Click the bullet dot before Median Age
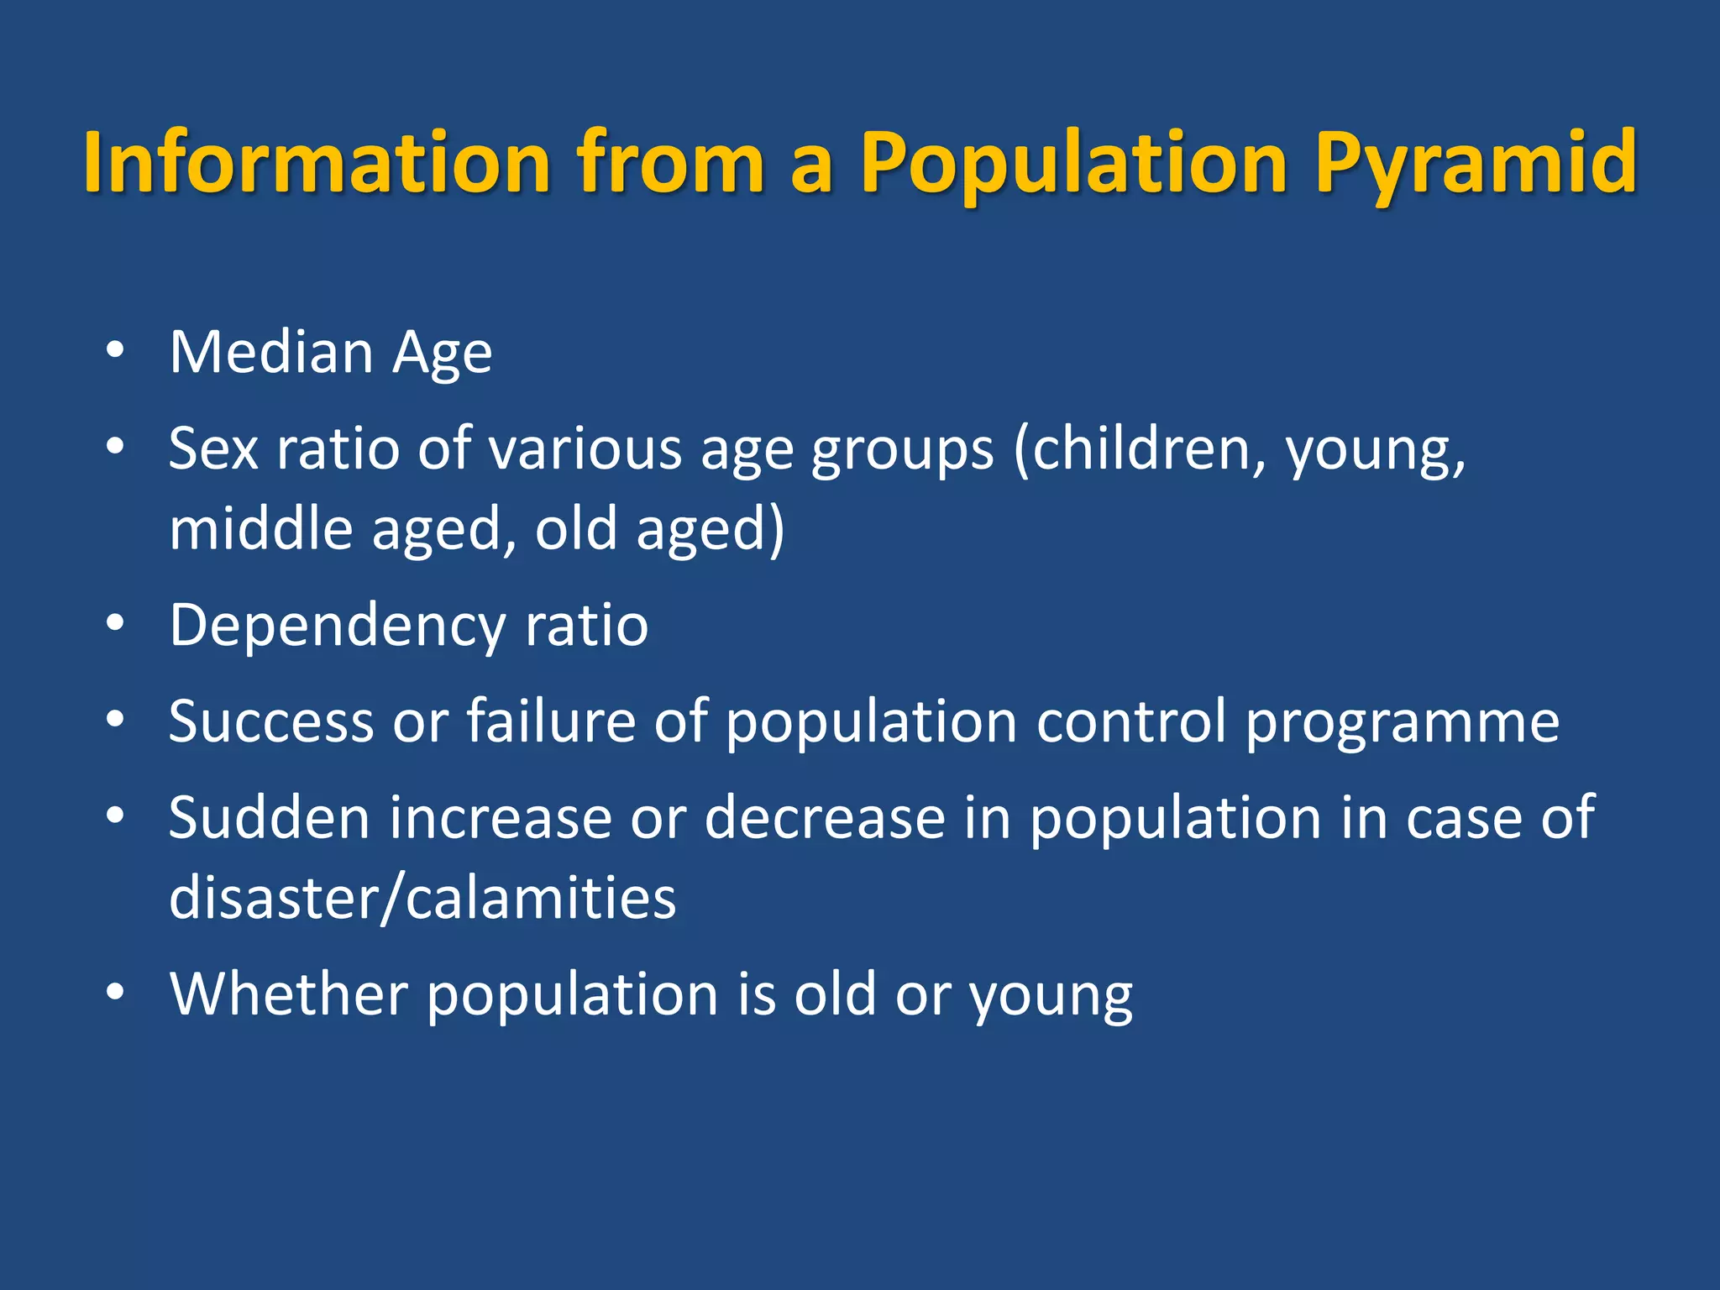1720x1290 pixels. pyautogui.click(x=115, y=350)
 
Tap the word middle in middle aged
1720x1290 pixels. pyautogui.click(x=261, y=529)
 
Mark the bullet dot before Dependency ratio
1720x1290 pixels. pyautogui.click(x=115, y=623)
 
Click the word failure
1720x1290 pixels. pyautogui.click(x=551, y=721)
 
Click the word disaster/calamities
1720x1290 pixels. pyautogui.click(x=422, y=898)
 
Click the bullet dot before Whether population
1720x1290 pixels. pyautogui.click(x=115, y=991)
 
